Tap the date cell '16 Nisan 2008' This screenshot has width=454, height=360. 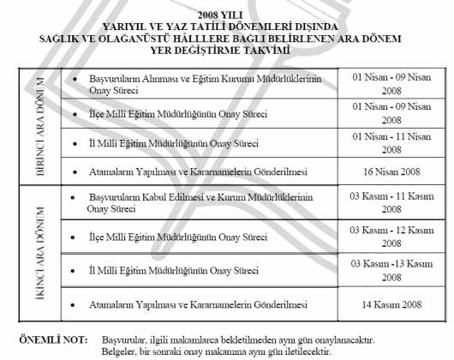[391, 171]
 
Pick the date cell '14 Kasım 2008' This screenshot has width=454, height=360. [391, 304]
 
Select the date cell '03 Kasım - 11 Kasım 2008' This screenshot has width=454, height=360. [391, 202]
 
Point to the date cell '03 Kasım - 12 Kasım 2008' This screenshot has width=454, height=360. [391, 236]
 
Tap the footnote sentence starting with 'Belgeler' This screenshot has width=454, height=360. [215, 351]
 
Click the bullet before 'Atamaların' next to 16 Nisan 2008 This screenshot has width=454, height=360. [75, 171]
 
